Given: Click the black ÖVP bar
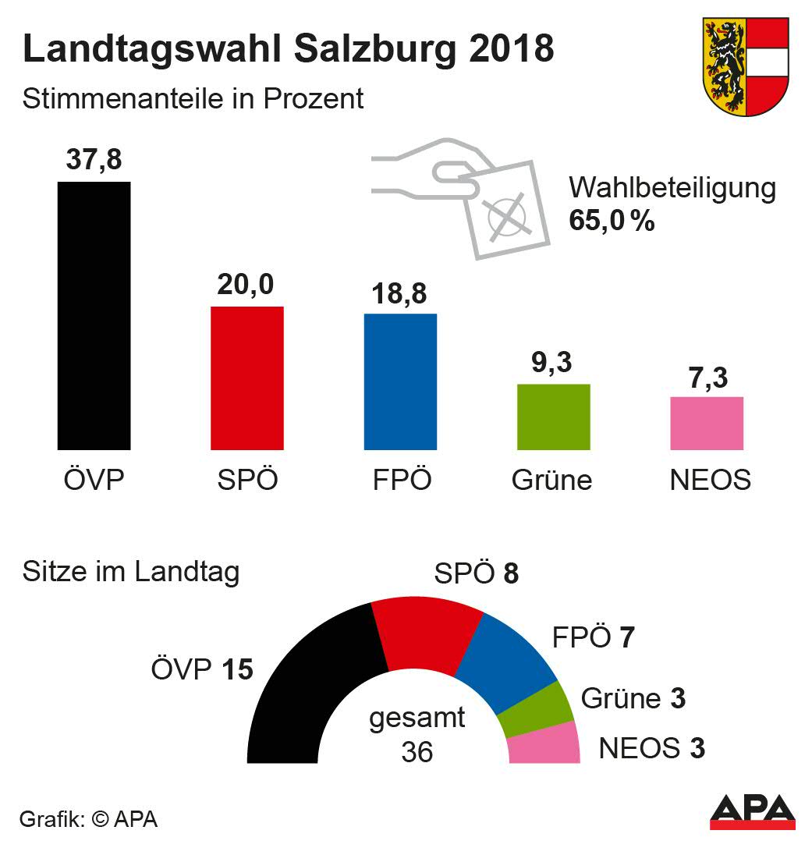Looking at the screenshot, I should click(x=94, y=316).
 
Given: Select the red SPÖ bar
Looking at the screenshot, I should click(x=247, y=378).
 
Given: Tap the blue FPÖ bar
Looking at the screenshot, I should click(x=400, y=382).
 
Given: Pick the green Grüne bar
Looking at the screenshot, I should click(x=553, y=417).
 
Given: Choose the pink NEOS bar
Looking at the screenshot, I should click(x=707, y=423).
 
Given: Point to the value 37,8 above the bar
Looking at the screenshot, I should click(x=94, y=162).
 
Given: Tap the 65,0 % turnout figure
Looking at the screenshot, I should click(x=612, y=221).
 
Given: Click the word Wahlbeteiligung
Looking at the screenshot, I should click(x=672, y=189).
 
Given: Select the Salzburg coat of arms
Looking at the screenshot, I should click(x=746, y=66).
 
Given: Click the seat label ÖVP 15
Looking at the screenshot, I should click(x=201, y=669).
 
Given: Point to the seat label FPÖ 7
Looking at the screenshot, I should click(x=593, y=638).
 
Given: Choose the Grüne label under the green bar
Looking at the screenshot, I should click(x=551, y=480).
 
